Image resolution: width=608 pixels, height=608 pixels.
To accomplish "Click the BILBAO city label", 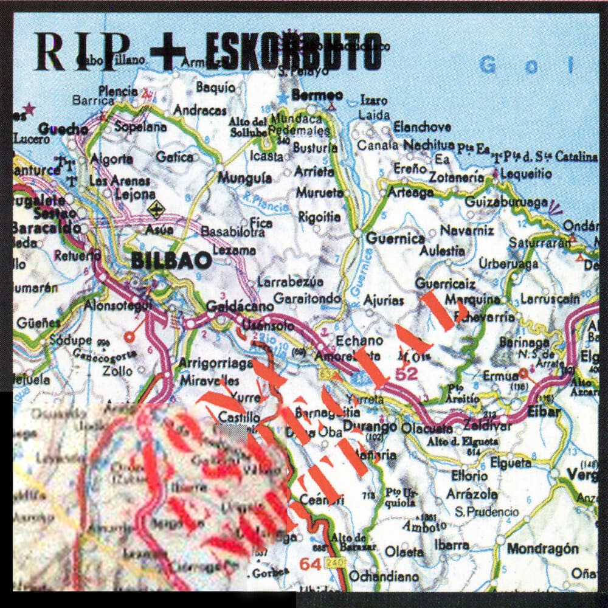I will point(171,261).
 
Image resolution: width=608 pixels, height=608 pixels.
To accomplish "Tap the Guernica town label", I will point(396,238).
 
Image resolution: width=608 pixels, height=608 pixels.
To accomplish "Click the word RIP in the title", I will point(82,51).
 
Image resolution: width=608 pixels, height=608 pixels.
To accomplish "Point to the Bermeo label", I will point(317,95).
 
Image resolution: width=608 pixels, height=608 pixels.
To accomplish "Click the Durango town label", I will point(369,425).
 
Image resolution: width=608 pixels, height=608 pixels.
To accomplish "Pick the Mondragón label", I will point(542,548).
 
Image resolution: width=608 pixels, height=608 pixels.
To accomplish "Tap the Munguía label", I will point(245,178).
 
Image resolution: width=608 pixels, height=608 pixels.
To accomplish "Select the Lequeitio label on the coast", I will point(525,174).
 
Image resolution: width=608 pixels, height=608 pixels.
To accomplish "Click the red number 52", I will point(406,375).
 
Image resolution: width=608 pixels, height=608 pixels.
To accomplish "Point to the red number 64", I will point(310,564).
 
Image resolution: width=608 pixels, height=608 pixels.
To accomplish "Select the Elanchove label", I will point(422,126).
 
